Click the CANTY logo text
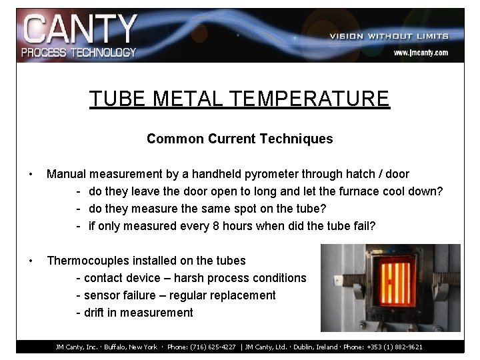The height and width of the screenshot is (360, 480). click(79, 29)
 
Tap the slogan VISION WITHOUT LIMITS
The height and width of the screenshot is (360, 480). click(389, 36)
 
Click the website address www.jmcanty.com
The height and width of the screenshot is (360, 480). click(420, 52)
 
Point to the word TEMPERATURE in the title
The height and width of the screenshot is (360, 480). click(309, 99)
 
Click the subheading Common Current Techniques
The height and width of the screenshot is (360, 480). click(239, 139)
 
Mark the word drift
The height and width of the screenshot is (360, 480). click(93, 313)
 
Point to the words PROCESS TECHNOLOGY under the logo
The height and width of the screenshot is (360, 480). click(79, 52)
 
